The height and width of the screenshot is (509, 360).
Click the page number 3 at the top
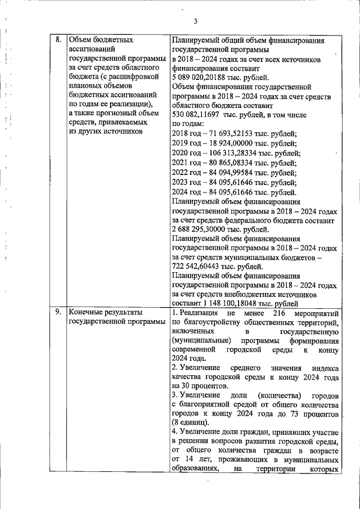(195, 22)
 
